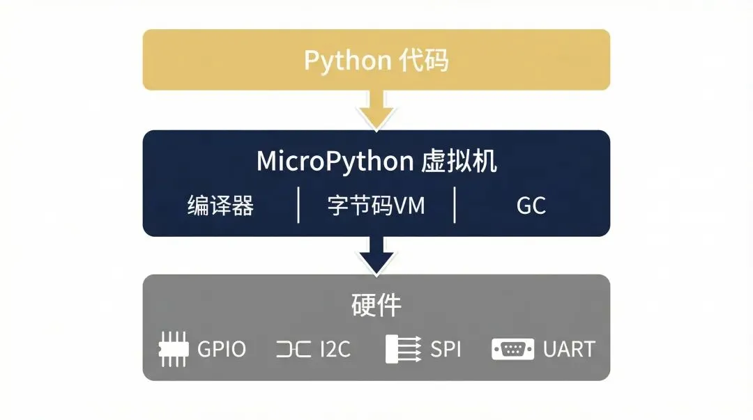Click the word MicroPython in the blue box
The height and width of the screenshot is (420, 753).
click(335, 162)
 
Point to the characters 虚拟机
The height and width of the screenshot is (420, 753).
click(459, 162)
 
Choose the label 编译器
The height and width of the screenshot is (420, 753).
click(220, 205)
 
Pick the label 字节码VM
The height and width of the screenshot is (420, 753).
click(376, 205)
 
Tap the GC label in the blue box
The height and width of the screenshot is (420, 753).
click(531, 205)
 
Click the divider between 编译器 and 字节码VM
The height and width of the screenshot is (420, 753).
click(298, 205)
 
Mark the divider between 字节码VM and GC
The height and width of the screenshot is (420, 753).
click(455, 205)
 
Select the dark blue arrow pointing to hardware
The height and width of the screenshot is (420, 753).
click(376, 254)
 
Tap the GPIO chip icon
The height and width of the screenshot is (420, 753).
click(174, 349)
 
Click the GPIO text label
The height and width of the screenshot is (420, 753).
click(222, 349)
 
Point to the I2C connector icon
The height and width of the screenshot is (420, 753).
click(294, 349)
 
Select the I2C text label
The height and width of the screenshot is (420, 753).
click(335, 349)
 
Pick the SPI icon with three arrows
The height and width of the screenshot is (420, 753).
click(403, 349)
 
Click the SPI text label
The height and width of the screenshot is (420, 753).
click(446, 349)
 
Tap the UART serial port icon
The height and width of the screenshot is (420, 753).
click(512, 349)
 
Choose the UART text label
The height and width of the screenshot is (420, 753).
click(569, 349)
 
